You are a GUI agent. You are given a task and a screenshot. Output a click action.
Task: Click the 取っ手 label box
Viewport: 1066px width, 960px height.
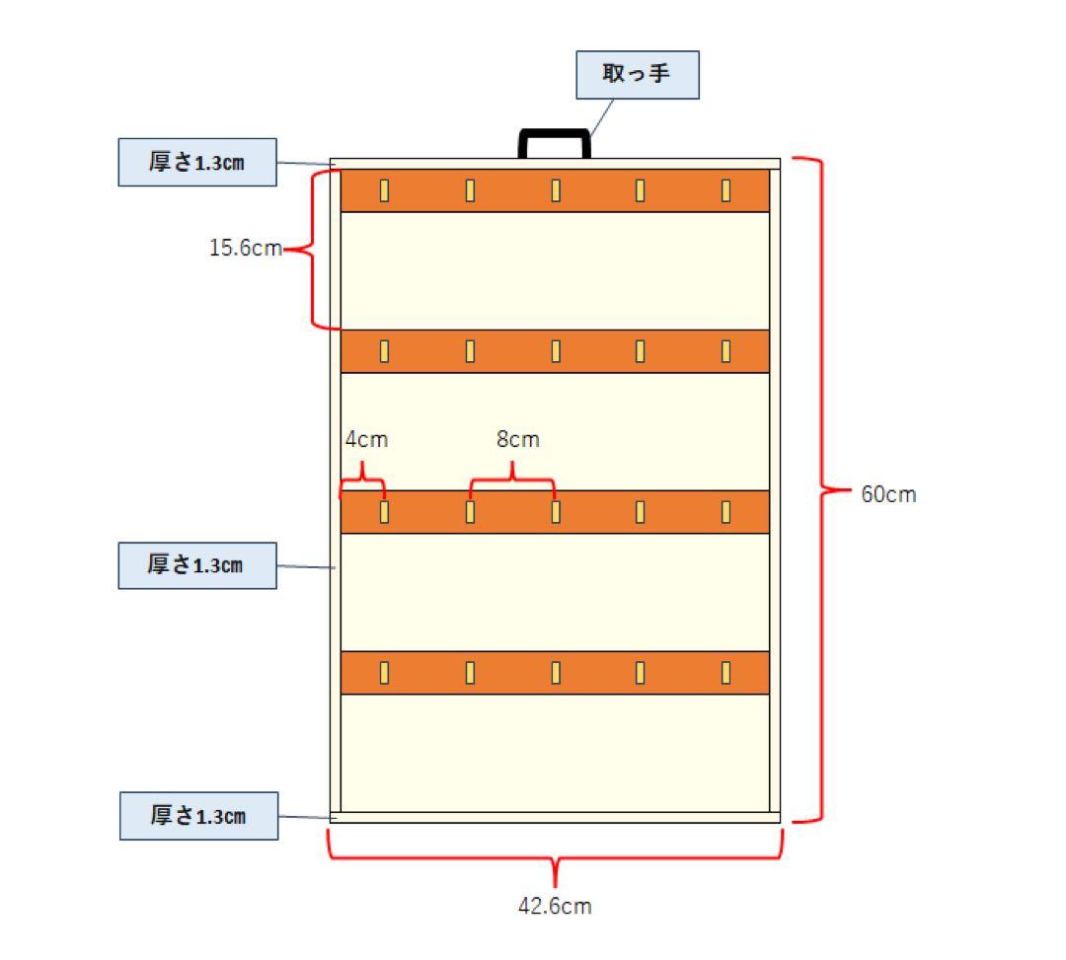pos(638,75)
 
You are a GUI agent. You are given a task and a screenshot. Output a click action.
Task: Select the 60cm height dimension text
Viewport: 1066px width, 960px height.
pos(888,495)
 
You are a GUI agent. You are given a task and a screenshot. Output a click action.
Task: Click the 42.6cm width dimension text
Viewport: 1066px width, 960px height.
pos(555,907)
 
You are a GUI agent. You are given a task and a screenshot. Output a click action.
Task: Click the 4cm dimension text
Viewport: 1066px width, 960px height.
pos(366,440)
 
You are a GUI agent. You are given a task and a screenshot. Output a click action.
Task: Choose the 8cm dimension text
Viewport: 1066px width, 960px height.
pos(518,440)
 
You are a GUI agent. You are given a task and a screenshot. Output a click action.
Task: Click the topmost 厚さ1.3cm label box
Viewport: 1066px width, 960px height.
pos(196,163)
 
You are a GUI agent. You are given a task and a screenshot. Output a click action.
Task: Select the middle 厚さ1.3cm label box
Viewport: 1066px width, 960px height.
pos(196,565)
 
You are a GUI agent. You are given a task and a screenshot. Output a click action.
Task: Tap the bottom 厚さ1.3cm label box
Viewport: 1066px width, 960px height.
pos(198,816)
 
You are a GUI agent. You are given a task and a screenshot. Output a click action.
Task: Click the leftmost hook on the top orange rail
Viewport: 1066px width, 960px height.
pos(385,190)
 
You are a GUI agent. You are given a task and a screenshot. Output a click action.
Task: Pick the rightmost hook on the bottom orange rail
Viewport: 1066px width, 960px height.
pos(725,673)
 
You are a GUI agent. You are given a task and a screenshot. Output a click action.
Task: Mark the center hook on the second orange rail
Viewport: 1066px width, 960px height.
pos(557,351)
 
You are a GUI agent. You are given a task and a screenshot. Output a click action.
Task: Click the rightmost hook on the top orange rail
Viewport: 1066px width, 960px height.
pos(725,190)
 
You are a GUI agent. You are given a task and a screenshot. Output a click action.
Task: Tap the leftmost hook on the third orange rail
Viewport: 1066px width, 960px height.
pos(385,512)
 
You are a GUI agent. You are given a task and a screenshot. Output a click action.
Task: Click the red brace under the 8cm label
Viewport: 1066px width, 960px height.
pos(512,480)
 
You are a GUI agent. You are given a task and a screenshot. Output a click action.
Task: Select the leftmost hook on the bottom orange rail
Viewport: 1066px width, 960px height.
pos(385,673)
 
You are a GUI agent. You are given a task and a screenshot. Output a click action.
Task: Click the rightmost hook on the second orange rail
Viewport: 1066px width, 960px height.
pos(725,351)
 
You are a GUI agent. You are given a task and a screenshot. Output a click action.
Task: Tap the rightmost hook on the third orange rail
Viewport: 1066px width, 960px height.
pos(725,512)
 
